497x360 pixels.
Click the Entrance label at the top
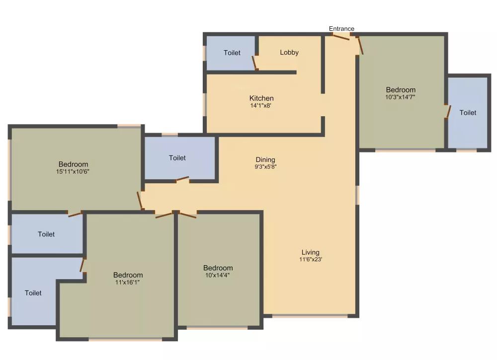341,29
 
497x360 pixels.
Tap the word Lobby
289,52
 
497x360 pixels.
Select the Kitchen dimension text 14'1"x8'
261,105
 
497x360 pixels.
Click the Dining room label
265,159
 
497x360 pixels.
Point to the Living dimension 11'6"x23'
310,259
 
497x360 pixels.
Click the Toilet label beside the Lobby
232,53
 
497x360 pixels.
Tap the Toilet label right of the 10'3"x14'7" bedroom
468,113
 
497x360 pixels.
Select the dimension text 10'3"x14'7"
400,97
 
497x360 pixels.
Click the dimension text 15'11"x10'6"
73,171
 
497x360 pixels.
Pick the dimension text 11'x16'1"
128,282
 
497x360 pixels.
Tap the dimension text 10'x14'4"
218,275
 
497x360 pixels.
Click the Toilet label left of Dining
177,158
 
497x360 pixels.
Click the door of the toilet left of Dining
182,179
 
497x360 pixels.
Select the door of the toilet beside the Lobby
255,63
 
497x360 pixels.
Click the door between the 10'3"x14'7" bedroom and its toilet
448,112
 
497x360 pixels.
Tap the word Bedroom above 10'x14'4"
218,268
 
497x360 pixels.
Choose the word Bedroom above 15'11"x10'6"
73,164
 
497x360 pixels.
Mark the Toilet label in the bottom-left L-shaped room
33,293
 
